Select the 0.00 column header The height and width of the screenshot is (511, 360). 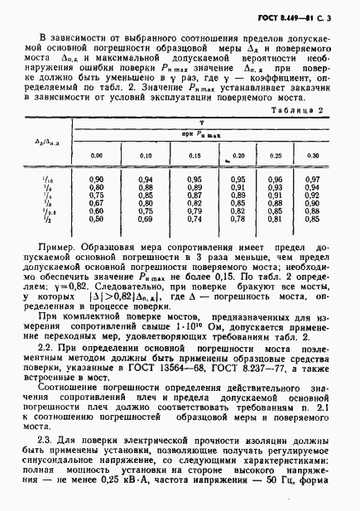click(x=97, y=156)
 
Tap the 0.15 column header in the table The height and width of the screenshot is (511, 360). click(x=195, y=156)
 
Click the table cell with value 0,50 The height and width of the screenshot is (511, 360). click(x=96, y=219)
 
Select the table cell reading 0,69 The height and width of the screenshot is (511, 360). click(x=147, y=219)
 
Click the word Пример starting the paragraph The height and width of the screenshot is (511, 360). click(x=59, y=248)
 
